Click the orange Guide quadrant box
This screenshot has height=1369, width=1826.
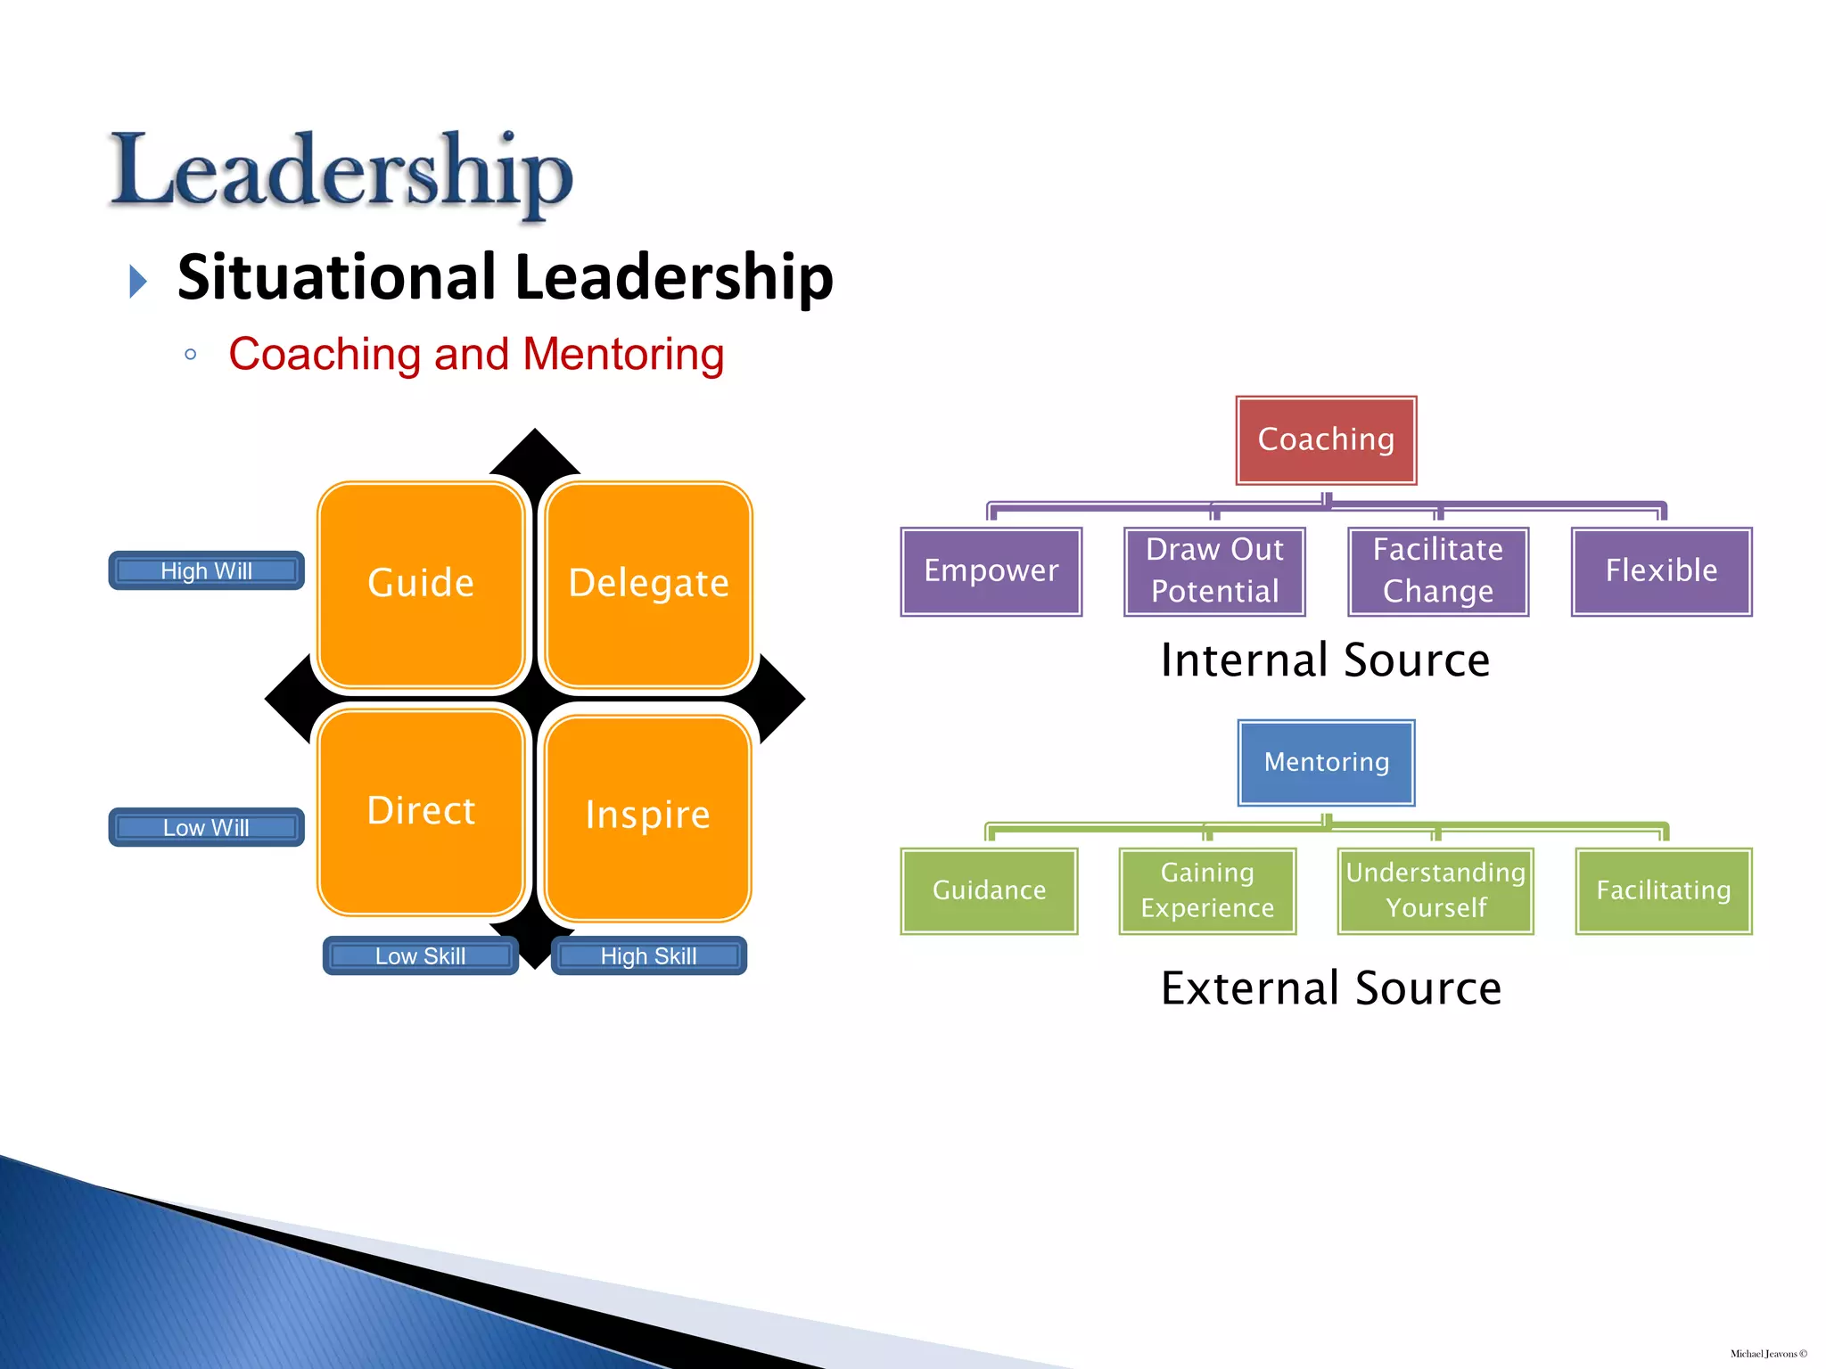pos(421,584)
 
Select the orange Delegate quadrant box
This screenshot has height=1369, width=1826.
pos(648,584)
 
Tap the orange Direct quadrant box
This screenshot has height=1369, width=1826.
pos(421,811)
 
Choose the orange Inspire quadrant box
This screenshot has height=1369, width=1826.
pos(648,816)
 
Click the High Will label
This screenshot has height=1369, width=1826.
pos(207,570)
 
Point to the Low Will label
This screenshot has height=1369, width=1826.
pos(207,827)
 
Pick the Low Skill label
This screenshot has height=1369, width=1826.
pos(421,955)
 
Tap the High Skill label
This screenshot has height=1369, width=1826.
pos(648,955)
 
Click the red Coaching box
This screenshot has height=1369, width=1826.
pos(1326,440)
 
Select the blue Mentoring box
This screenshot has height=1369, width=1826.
pos(1326,762)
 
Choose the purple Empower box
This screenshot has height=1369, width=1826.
pos(991,571)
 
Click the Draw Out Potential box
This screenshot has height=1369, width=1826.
pos(1214,571)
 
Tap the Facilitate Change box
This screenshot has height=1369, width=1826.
pos(1438,571)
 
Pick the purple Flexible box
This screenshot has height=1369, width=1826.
pos(1661,571)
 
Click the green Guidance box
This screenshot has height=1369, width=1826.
pos(989,890)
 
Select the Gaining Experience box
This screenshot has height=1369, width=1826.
pos(1207,890)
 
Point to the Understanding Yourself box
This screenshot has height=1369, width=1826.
pos(1435,890)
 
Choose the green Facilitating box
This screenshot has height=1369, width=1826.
pos(1664,890)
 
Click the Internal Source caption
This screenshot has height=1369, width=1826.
pos(1325,660)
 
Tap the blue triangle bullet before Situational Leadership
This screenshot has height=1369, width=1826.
pos(138,281)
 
